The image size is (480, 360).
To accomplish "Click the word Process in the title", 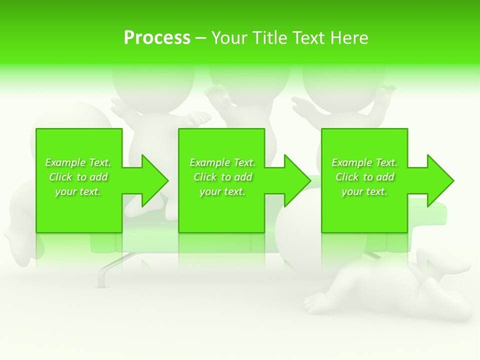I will point(157,38).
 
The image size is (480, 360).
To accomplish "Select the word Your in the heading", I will point(229,38).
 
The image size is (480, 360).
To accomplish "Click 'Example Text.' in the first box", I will point(78,162).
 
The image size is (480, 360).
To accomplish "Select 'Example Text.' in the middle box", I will point(222,162).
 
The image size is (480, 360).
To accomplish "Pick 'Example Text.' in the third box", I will point(364,162).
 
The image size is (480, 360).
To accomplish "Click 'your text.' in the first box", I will point(78,191).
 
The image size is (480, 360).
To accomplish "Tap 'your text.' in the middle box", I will point(222,191).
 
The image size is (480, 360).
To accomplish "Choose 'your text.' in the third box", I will point(364,191).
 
